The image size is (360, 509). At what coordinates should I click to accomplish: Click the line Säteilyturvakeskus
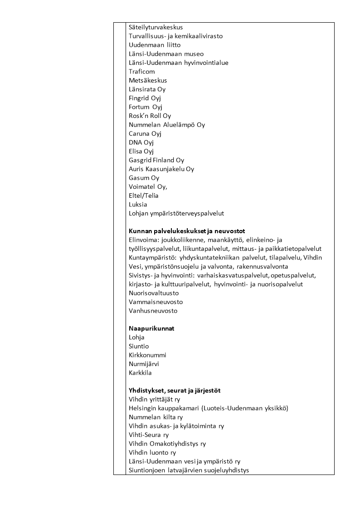[x=156, y=27]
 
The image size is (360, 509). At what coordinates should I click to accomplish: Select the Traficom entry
[x=141, y=72]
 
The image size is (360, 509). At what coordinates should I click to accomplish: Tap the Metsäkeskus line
[x=148, y=80]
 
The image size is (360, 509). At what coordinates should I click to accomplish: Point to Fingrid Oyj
[x=145, y=98]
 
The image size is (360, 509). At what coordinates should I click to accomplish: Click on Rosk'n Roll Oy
[x=150, y=116]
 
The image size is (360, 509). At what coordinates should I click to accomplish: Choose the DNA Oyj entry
[x=141, y=142]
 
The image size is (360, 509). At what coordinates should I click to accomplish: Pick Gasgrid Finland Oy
[x=156, y=160]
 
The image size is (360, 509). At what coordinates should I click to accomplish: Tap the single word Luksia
[x=138, y=205]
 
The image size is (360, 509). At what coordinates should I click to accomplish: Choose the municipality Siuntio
[x=139, y=346]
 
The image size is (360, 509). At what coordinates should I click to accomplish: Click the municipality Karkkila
[x=140, y=373]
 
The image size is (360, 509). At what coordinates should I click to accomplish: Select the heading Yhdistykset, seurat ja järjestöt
[x=175, y=391]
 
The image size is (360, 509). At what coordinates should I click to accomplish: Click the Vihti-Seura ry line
[x=149, y=435]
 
